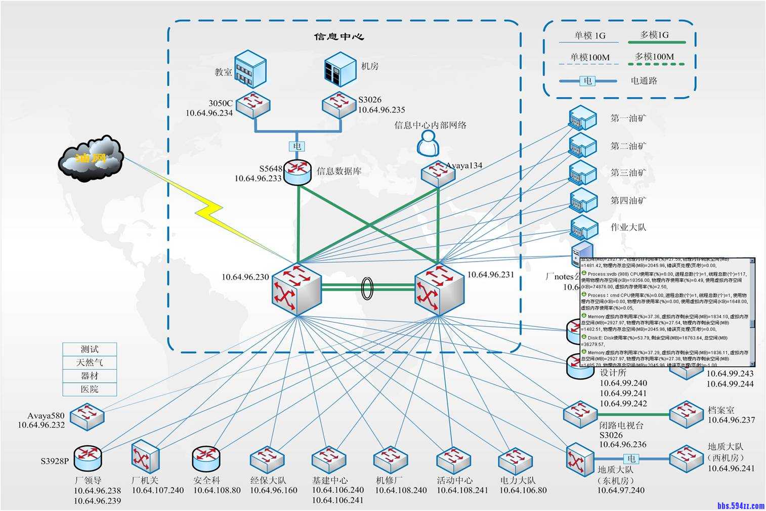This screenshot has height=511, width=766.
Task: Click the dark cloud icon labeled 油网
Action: [x=91, y=158]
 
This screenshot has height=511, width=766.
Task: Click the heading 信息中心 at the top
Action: [x=339, y=36]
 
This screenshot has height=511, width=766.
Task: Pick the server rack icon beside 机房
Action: [x=340, y=69]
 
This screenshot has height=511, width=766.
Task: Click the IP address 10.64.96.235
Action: [x=381, y=110]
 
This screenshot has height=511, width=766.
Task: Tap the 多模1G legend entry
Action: [x=654, y=35]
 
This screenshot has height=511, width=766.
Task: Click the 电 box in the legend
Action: [x=587, y=80]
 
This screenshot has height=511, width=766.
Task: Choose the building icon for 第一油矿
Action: [x=582, y=118]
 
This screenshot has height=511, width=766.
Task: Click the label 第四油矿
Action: [x=628, y=200]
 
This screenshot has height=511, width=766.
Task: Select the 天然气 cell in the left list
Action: [x=90, y=362]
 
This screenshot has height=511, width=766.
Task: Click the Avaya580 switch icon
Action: [x=87, y=416]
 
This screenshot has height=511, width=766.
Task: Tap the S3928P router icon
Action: [x=88, y=458]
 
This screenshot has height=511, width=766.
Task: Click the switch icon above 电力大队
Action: [x=516, y=460]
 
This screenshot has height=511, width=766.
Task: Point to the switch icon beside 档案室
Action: [x=686, y=414]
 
